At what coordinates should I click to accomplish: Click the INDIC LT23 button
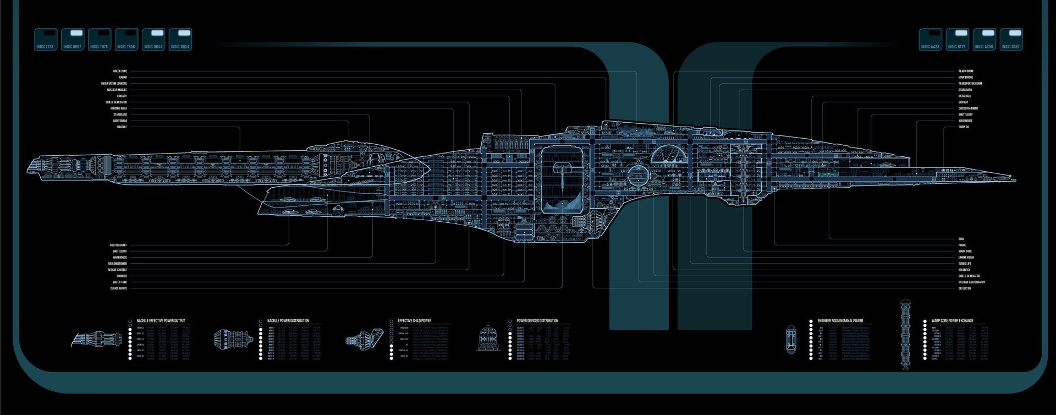pyautogui.click(x=46, y=40)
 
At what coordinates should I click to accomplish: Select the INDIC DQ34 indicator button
pyautogui.click(x=180, y=40)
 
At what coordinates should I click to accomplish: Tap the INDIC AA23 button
pyautogui.click(x=931, y=40)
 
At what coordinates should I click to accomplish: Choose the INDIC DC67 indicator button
pyautogui.click(x=1011, y=40)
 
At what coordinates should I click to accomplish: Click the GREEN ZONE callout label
pyautogui.click(x=120, y=71)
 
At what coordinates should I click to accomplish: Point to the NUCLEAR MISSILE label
pyautogui.click(x=117, y=90)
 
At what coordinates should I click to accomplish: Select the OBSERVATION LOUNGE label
pyautogui.click(x=114, y=84)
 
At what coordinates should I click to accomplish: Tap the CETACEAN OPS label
pyautogui.click(x=118, y=288)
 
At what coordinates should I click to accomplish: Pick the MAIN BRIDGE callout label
pyautogui.click(x=966, y=78)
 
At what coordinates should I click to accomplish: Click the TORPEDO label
pyautogui.click(x=964, y=127)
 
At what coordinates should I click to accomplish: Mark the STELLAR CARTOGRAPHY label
pyautogui.click(x=972, y=282)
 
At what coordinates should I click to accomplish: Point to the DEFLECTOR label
pyautogui.click(x=965, y=288)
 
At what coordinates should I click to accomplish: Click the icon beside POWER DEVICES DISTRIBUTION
pyautogui.click(x=487, y=338)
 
